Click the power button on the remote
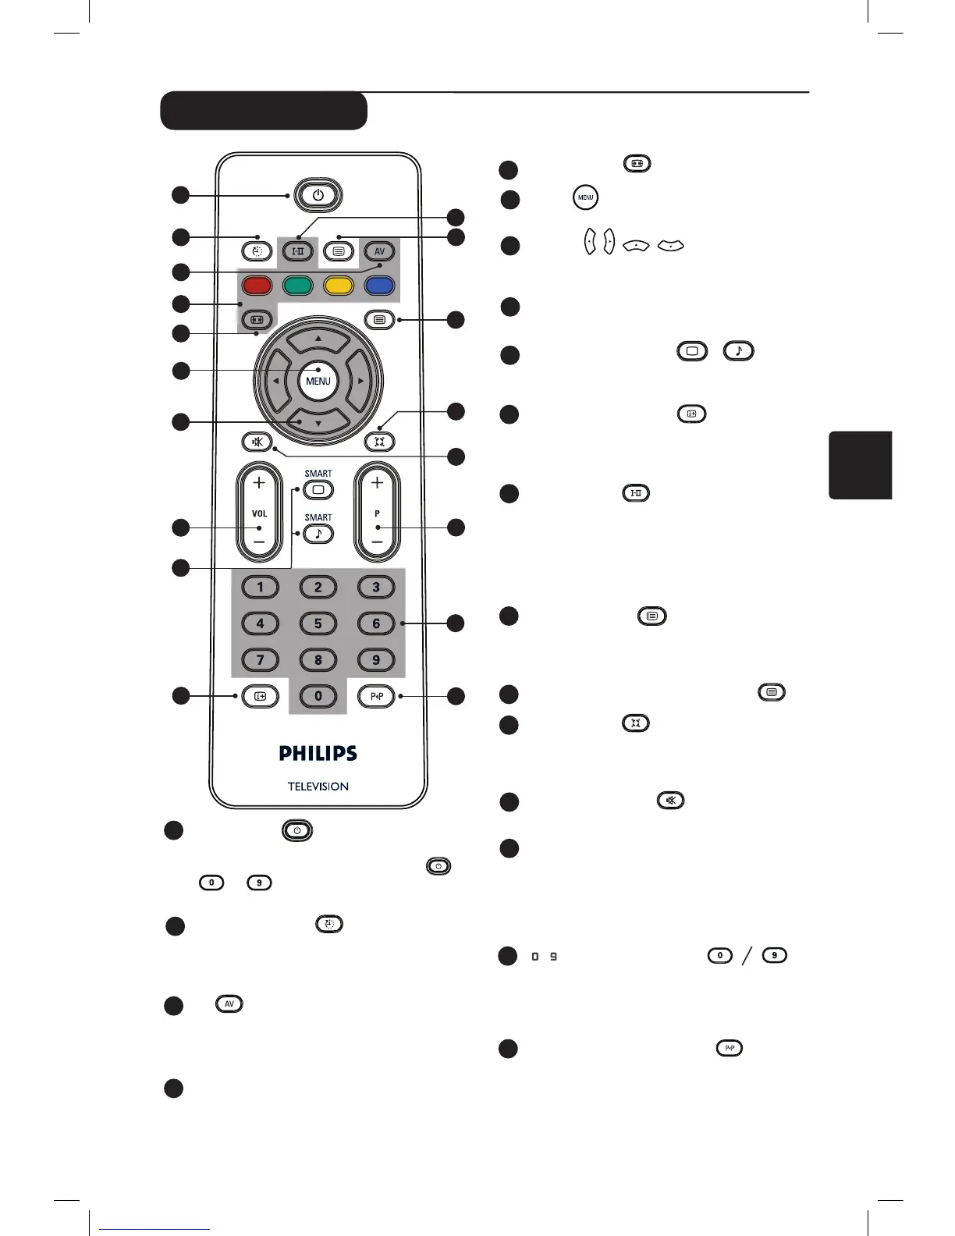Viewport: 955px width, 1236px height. tap(318, 195)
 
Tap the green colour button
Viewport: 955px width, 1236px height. tap(298, 285)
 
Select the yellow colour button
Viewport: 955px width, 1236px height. tap(339, 285)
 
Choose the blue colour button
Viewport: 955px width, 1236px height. tap(379, 285)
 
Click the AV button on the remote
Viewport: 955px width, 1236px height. tap(379, 251)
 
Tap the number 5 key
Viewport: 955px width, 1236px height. tap(318, 623)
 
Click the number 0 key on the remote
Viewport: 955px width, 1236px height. tap(318, 696)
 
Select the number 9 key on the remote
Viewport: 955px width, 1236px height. tap(376, 659)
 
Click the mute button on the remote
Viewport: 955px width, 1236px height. tap(257, 442)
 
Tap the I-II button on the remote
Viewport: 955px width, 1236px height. tap(297, 251)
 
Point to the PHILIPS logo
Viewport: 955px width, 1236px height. tap(318, 753)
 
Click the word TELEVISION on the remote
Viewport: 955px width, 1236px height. tap(318, 787)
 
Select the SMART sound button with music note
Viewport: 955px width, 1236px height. tap(318, 534)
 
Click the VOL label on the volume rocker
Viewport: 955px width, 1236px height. tap(259, 513)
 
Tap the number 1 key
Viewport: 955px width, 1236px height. tap(260, 587)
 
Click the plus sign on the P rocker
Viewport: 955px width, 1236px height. tap(377, 483)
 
